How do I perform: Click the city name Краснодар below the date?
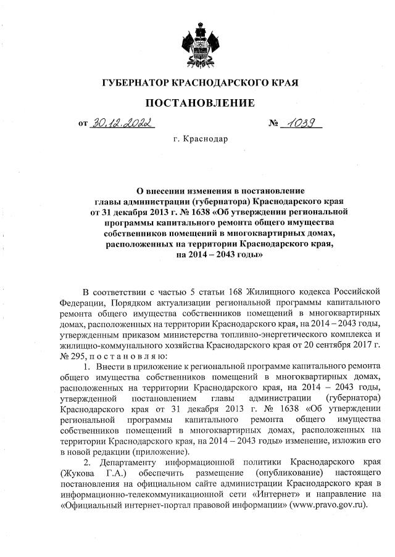tap(206, 139)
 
